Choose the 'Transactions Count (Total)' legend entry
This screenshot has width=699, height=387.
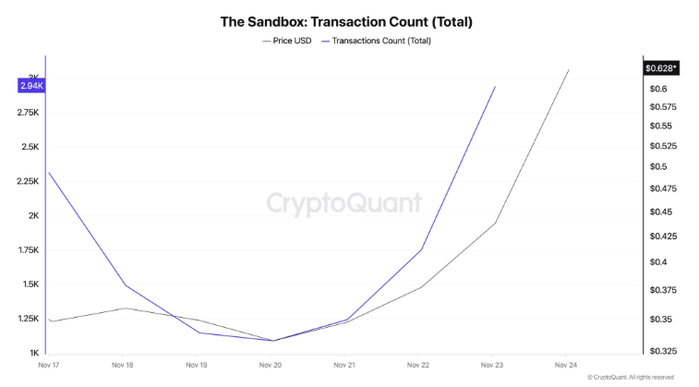380,41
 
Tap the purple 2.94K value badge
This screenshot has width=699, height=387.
30,86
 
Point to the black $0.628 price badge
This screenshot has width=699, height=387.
660,68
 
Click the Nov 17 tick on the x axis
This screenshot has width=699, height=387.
49,365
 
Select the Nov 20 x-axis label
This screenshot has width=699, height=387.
270,365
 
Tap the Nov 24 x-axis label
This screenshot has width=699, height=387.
565,365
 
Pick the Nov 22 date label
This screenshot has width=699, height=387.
418,365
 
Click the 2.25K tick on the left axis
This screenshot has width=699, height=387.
27,181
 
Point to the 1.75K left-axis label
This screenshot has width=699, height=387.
27,250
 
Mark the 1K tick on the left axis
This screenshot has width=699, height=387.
33,353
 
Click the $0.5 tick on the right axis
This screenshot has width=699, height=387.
657,167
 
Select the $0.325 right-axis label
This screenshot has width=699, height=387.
662,352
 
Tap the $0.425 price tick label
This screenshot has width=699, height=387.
662,236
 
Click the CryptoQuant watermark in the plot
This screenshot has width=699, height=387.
343,203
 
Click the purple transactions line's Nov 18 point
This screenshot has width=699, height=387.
123,285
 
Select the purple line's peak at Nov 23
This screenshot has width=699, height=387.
495,87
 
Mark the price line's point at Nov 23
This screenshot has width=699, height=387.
495,224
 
